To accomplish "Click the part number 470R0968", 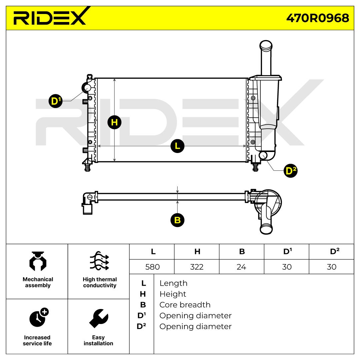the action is pos(317,18).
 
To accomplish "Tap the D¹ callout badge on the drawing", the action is pos(55,101).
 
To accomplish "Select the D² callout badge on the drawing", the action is pos(290,170).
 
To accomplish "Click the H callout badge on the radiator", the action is pos(114,122).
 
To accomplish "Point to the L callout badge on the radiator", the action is pos(177,146).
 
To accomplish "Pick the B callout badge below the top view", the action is pos(177,220).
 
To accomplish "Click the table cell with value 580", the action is pos(152,267).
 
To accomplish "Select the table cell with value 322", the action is pos(197,267).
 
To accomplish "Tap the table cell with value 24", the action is pos(242,267).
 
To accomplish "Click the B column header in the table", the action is pos(242,252).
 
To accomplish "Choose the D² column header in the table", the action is pos(332,252).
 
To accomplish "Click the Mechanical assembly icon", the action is pos(37,261).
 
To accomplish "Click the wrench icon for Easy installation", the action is pos(98,318).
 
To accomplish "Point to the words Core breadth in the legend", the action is pos(185,305).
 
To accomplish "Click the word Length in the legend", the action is pos(173,283).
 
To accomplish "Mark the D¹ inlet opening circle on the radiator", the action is pos(87,88).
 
